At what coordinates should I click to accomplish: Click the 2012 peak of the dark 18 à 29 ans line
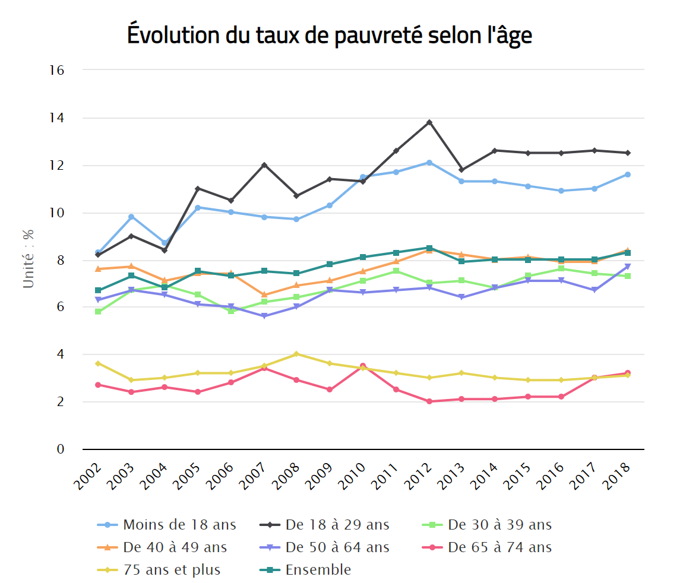[429, 122]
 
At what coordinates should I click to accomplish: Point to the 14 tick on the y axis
[57, 118]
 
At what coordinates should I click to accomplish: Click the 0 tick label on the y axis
[60, 449]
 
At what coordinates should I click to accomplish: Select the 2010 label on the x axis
[353, 475]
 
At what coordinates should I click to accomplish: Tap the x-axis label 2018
[618, 475]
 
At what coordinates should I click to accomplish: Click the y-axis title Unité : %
[29, 259]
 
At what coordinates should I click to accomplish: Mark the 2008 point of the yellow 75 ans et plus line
[296, 354]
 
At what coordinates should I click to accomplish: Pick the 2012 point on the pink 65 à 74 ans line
[429, 401]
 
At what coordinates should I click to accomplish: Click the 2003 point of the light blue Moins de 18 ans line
[131, 217]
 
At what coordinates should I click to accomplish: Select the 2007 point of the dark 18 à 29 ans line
[264, 165]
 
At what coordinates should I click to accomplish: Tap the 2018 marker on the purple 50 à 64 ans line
[627, 267]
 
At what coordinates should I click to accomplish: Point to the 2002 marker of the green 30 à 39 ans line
[98, 312]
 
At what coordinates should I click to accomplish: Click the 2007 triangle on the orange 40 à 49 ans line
[264, 294]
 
